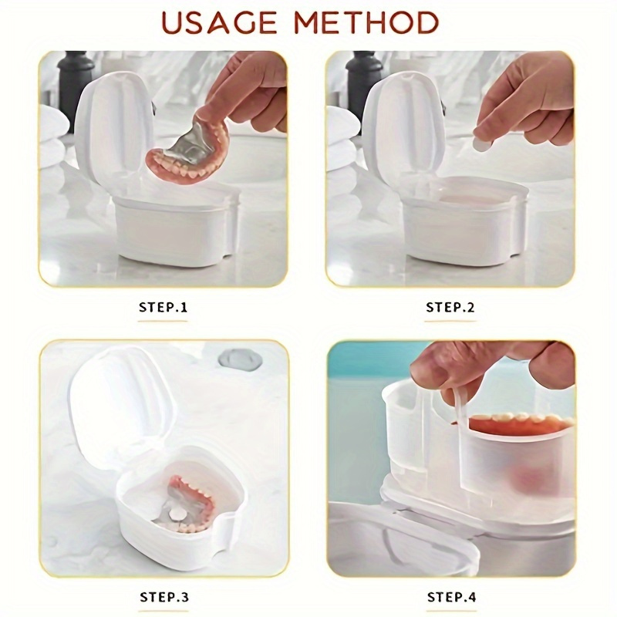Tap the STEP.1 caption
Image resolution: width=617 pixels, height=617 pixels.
164,307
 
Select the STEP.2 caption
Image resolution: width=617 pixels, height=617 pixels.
450,307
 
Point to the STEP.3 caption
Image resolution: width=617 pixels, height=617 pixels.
164,596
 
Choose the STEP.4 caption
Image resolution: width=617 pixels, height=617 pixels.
450,596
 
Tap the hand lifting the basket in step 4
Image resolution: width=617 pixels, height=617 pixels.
494,366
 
